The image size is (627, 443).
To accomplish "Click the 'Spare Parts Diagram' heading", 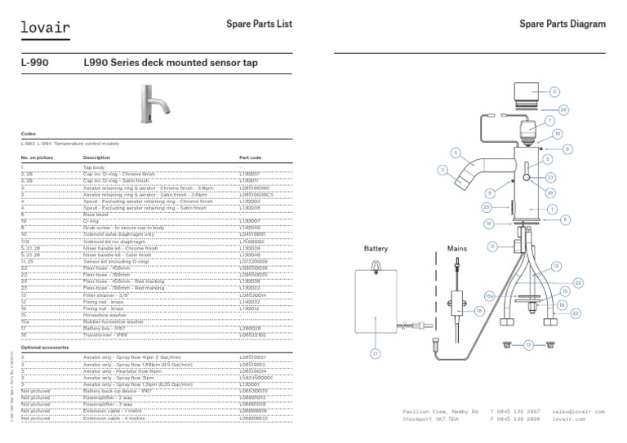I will (x=563, y=24).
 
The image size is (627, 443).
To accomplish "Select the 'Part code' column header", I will (x=251, y=157).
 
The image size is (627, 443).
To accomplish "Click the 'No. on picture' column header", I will (x=36, y=157).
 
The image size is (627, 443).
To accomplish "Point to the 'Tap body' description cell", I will (x=96, y=167).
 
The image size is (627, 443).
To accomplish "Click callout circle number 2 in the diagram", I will (x=554, y=92).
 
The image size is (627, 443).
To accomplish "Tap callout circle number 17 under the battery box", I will (x=376, y=353).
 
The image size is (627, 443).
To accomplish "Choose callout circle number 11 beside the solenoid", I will (x=492, y=246).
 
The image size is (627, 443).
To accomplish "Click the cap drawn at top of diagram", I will (x=523, y=94).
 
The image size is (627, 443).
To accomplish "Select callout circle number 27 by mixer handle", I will (x=551, y=177).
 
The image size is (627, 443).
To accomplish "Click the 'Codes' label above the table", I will (x=29, y=133).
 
